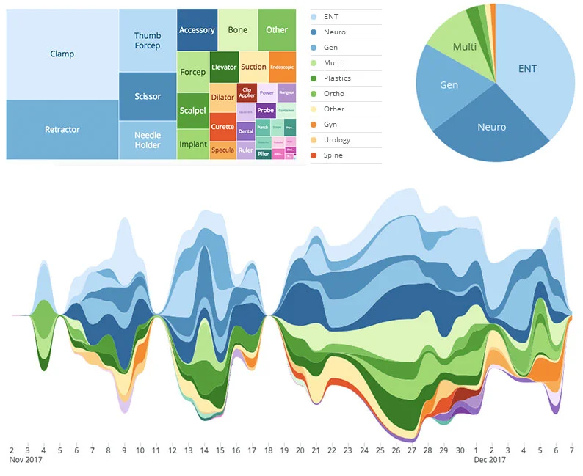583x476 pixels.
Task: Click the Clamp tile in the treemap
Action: pos(62,54)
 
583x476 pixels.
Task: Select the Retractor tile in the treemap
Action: pos(62,130)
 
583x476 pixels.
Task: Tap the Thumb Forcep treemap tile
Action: pos(148,40)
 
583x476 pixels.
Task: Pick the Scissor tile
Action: pos(148,96)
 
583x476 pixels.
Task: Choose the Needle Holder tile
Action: pos(148,140)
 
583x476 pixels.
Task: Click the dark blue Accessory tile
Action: pos(197,30)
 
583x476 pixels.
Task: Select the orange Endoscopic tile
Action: pos(283,67)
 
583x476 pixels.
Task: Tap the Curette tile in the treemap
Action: pos(222,127)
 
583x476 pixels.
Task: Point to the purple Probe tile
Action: pos(265,111)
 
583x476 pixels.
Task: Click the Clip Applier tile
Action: pos(246,93)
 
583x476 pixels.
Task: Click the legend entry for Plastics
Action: pos(337,78)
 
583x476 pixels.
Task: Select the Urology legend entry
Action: pos(336,140)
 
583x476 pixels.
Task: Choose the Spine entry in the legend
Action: pos(333,155)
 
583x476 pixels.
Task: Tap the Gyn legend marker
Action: pos(316,125)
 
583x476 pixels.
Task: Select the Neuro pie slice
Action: pos(490,128)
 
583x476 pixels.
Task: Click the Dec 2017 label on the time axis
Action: pos(489,461)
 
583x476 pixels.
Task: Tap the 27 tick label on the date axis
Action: pos(412,450)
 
